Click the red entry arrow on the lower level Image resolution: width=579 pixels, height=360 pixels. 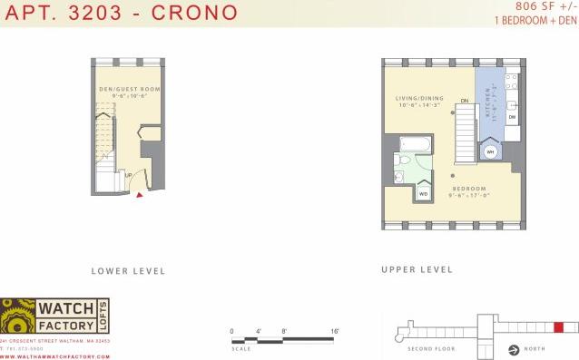(139, 193)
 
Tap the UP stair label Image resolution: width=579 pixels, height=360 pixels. (129, 175)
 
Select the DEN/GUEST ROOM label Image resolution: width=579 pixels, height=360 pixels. (129, 89)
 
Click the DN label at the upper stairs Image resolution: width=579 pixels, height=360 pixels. (464, 101)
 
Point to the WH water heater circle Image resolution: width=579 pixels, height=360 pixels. (490, 151)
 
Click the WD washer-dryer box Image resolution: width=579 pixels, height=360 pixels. (423, 192)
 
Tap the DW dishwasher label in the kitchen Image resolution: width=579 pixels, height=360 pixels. (512, 118)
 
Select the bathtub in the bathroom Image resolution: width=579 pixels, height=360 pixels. (417, 143)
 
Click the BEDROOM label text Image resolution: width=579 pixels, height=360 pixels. (469, 189)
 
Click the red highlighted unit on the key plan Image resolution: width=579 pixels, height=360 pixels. (558, 326)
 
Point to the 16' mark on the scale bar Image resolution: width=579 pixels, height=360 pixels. (335, 331)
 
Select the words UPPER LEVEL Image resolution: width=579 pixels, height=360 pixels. (417, 269)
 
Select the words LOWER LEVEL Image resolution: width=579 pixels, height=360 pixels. (128, 270)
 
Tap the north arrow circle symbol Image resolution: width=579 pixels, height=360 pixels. (515, 348)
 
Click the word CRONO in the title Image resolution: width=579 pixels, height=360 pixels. (196, 13)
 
